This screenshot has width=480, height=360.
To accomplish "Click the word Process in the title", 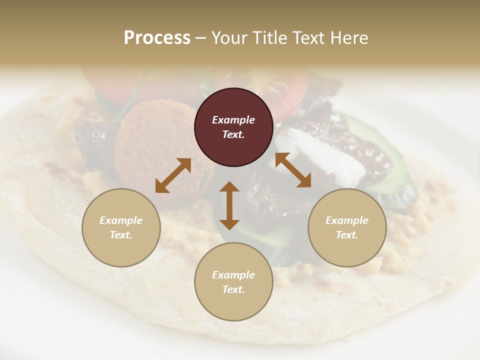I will coord(157,38).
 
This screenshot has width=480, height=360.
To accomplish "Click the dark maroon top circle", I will coord(233,127).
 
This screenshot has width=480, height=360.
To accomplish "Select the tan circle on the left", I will coord(121,227).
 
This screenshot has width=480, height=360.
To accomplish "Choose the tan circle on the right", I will coord(347,227).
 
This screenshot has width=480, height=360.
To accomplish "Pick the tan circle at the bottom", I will coord(233,281).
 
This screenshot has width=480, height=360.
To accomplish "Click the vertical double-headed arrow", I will coord(229,205).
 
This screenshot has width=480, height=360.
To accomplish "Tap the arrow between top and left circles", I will coord(173,175).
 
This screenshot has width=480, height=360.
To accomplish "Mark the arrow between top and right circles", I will coord(293,170).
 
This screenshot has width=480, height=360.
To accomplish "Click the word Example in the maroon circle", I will coord(233,120).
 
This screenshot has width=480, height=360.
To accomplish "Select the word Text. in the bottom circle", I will coord(233,289).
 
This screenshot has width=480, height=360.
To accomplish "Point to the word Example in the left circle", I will coord(121,220).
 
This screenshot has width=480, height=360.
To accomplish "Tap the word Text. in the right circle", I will coord(347,235).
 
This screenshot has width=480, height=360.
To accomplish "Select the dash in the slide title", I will coord(200,38).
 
